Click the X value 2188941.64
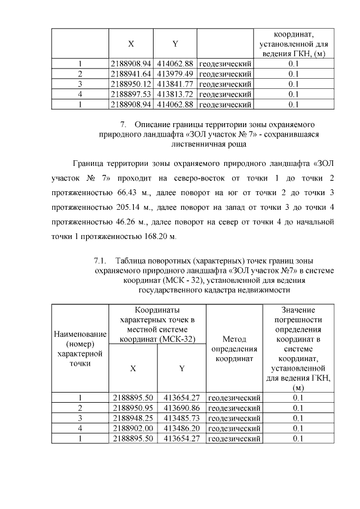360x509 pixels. [x=131, y=74]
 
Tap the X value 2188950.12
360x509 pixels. [x=131, y=84]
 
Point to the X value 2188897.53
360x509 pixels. [x=131, y=94]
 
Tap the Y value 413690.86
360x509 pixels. [x=181, y=408]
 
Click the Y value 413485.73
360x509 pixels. [x=181, y=418]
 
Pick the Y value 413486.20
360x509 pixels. [x=181, y=428]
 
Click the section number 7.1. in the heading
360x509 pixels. [x=100, y=261]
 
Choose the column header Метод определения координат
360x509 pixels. [x=234, y=349]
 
